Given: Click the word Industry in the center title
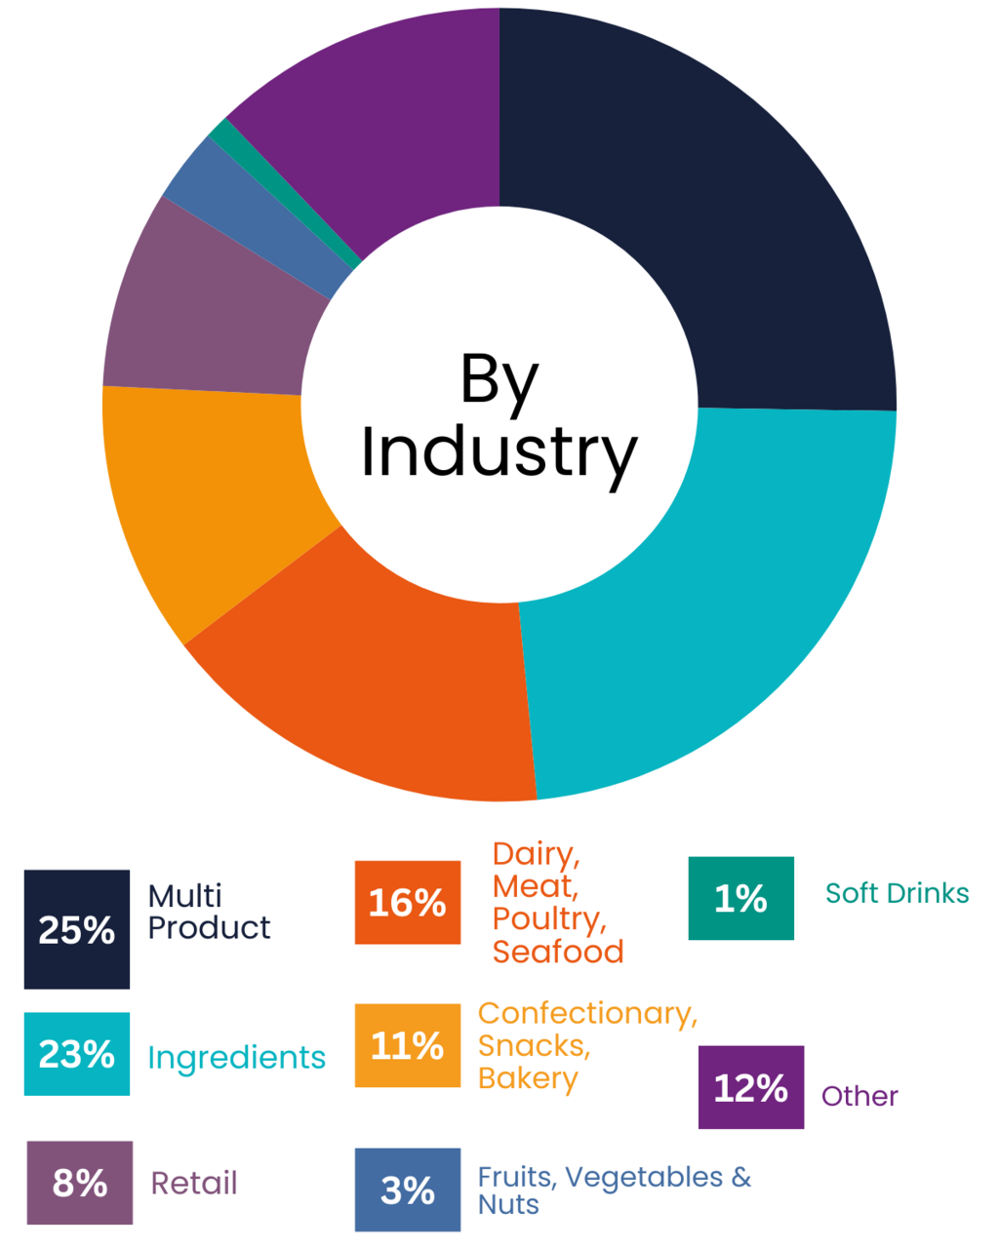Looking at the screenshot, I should tap(499, 453).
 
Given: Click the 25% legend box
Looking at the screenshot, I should tap(77, 929).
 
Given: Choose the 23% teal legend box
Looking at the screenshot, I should tap(77, 1054).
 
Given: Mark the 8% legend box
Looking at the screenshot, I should tap(79, 1183).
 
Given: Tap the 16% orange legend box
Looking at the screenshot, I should tap(408, 903).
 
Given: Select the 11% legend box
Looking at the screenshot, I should tap(408, 1046).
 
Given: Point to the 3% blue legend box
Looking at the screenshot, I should tap(408, 1189).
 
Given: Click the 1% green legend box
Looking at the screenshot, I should tap(740, 898).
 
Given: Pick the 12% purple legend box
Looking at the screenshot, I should tap(751, 1087).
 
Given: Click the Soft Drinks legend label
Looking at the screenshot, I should tap(897, 893).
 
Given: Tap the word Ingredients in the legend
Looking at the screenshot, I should tap(237, 1058).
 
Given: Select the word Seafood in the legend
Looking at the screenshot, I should tap(557, 952).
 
